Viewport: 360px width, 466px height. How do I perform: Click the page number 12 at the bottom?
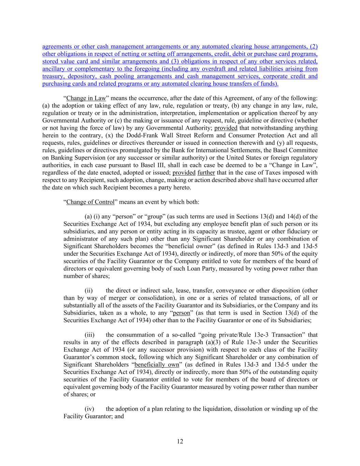tap(180, 441)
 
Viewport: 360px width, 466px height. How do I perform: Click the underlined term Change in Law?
tap(86, 98)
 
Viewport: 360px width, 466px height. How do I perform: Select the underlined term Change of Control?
tap(90, 202)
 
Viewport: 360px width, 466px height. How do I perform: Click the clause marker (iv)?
tap(89, 409)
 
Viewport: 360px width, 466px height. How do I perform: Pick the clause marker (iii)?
tap(89, 335)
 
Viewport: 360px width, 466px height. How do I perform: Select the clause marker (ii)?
tap(89, 291)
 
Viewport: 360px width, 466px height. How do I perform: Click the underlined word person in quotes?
tap(181, 313)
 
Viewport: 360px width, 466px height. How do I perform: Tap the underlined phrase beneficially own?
tap(157, 365)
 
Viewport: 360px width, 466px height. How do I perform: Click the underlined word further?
tap(206, 172)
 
